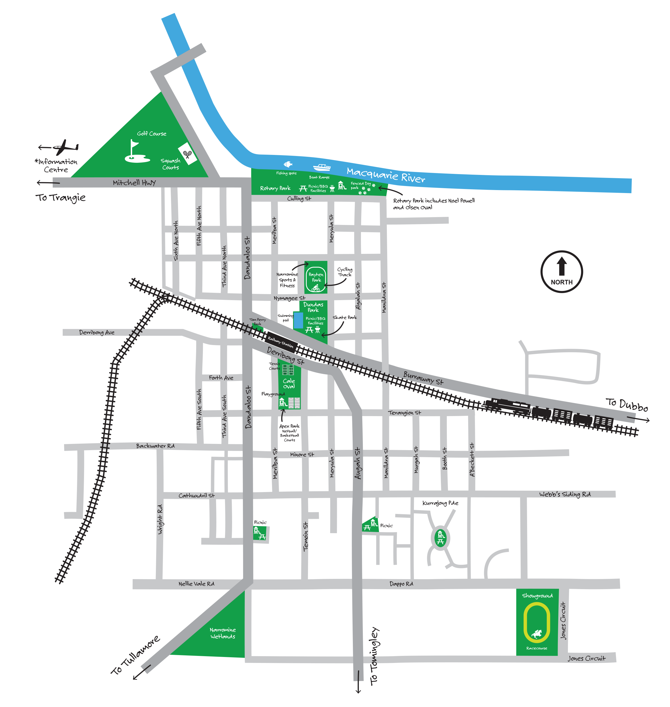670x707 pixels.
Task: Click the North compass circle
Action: tap(561, 272)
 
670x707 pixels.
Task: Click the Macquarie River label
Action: tap(386, 175)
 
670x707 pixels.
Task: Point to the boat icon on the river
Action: tap(321, 167)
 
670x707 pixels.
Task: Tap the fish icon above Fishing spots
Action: tap(288, 164)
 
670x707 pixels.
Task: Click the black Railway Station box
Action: tap(281, 342)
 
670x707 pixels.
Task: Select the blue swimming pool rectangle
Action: tap(298, 320)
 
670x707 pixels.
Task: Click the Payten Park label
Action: tap(316, 277)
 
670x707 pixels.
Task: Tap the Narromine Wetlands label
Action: tap(223, 633)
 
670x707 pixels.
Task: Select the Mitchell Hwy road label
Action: tap(134, 183)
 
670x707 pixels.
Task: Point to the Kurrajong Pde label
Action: tap(440, 503)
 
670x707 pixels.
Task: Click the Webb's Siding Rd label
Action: tap(565, 494)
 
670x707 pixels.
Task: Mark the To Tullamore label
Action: tap(135, 655)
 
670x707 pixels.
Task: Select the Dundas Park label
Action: tap(313, 307)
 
